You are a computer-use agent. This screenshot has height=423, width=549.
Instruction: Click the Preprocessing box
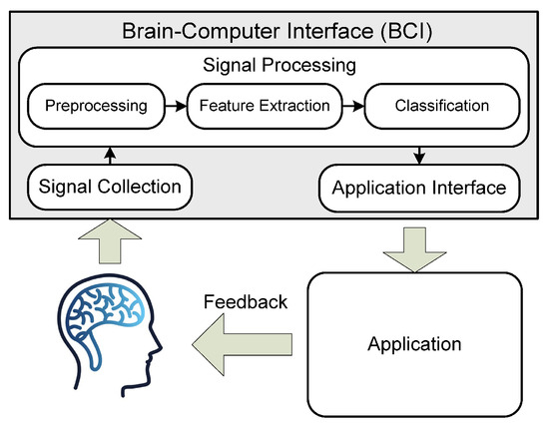tap(89, 104)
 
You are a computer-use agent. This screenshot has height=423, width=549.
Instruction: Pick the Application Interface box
tap(420, 186)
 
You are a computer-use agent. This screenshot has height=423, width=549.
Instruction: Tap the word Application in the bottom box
tap(414, 345)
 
